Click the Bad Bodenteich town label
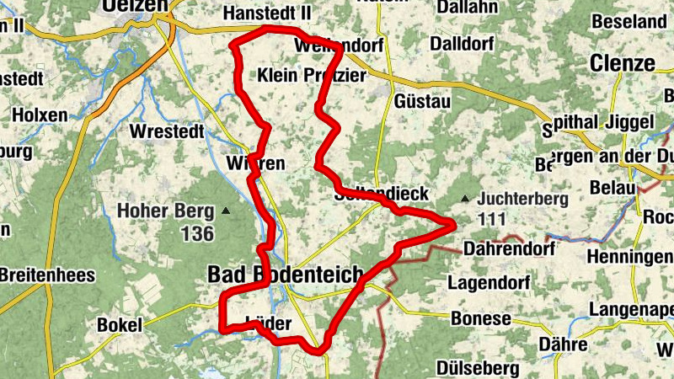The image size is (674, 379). (285, 275)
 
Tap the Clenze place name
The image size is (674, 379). (622, 63)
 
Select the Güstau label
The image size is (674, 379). (422, 101)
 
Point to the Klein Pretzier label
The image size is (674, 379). (312, 75)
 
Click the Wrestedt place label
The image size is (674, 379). (167, 131)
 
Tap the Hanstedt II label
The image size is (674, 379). (267, 14)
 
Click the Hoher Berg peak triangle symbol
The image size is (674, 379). (226, 210)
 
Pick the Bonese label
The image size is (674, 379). (480, 318)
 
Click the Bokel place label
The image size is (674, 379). (120, 324)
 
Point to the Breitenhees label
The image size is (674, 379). (47, 275)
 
